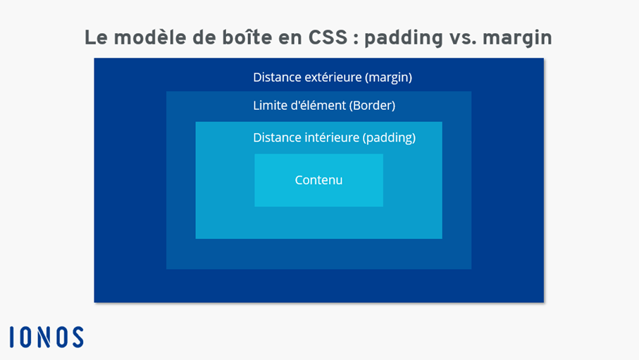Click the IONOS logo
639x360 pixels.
pos(46,337)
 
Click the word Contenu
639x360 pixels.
pos(318,180)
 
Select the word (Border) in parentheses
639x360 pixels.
pos(372,106)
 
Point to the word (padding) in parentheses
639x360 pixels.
pos(389,137)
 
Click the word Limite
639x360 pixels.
pos(269,106)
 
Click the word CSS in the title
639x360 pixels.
pos(328,37)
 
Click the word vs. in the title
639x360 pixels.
pos(467,37)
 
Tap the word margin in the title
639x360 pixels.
pos(521,39)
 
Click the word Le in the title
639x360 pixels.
pos(96,37)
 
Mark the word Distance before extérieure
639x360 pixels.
pos(276,77)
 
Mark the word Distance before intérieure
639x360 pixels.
pos(276,137)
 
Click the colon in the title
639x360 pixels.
pos(355,39)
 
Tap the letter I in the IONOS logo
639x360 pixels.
pos(13,337)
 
